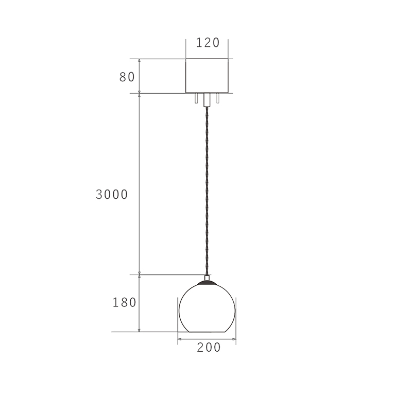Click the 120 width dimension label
[x=208, y=43]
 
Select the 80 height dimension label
[x=127, y=77]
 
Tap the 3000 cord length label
[x=112, y=195]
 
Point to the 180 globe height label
[x=124, y=302]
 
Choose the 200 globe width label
[x=209, y=347]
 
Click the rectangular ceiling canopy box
[x=207, y=76]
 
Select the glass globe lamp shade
[x=207, y=306]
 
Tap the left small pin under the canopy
[x=196, y=98]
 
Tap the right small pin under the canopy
[x=217, y=98]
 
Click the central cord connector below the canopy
[x=207, y=100]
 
